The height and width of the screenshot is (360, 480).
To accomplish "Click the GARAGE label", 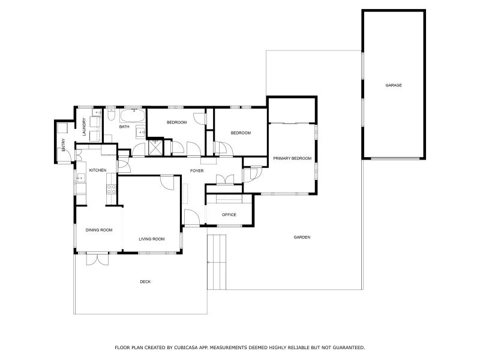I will pos(394,85).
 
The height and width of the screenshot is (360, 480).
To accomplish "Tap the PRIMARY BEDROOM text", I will pos(292,158).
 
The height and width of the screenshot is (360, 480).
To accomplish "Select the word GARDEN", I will pos(302,237).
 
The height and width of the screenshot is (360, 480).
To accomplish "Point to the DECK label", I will pos(145,281).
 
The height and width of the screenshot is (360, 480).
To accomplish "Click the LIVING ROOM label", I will pos(151,239).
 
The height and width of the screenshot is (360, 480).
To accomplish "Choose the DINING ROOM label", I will pos(99,230).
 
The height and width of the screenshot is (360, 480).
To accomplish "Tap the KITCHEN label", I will pos(98,170).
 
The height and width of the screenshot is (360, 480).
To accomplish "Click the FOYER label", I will pos(197,171).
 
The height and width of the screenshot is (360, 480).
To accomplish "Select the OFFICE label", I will pos(229,214).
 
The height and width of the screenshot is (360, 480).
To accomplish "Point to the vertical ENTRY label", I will pos(63,145).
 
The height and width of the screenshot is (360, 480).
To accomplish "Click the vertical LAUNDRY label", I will pos(84,127).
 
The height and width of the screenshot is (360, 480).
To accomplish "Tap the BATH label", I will pos(124,127).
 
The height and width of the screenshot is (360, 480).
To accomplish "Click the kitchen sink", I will pos(80,178).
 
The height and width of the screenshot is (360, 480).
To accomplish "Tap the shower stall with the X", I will pos(155,145).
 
